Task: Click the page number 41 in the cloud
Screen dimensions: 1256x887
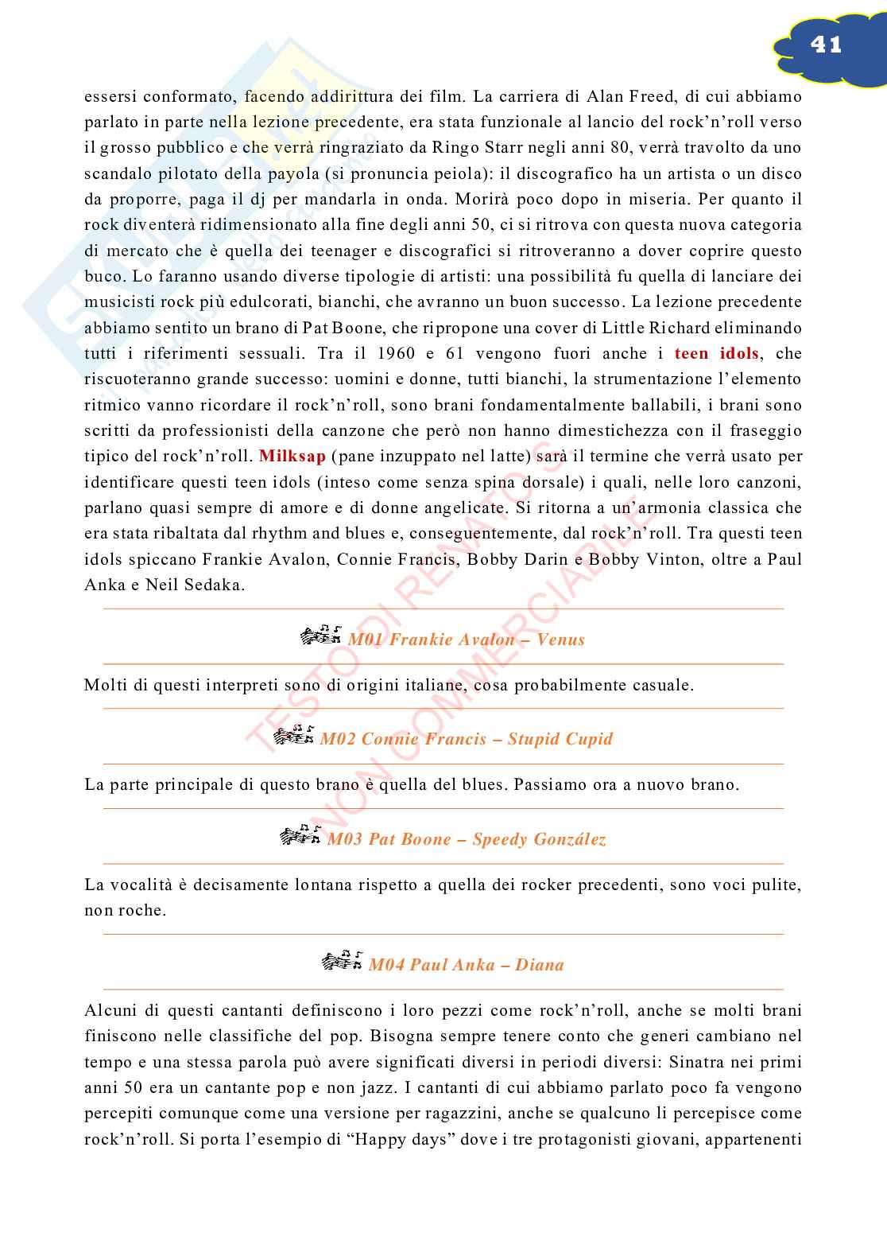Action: [826, 45]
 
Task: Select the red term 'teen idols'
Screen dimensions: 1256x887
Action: [716, 353]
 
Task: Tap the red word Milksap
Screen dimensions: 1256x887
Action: [292, 457]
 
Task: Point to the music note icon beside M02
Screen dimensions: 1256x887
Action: [293, 736]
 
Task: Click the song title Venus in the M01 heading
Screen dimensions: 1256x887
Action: [561, 640]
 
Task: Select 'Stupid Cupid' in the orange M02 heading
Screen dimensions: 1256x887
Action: [560, 739]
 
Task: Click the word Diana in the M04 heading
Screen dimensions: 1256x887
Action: [540, 965]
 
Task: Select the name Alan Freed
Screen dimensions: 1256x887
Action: [633, 96]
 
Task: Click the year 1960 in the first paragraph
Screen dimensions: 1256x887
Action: [397, 353]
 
